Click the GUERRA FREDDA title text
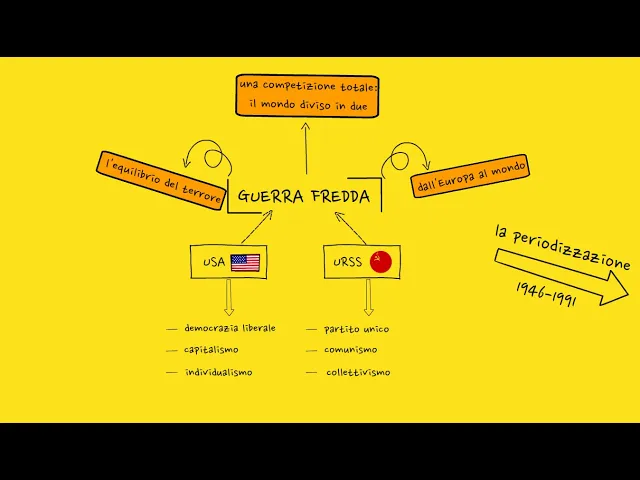click(303, 196)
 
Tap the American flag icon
click(245, 262)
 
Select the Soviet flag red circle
click(381, 262)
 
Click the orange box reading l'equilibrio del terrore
click(160, 181)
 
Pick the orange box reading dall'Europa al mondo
click(470, 177)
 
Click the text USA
click(214, 263)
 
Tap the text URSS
click(347, 263)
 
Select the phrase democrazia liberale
click(230, 328)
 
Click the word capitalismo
click(211, 350)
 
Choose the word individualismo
click(218, 372)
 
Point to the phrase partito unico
click(356, 329)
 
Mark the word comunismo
click(350, 350)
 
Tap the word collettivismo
click(358, 372)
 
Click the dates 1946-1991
click(546, 295)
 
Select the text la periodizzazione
click(562, 246)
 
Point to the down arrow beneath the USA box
click(229, 297)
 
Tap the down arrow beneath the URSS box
click(368, 297)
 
